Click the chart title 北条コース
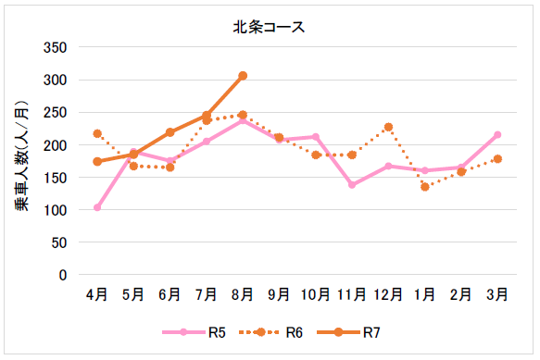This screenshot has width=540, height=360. pyautogui.click(x=270, y=27)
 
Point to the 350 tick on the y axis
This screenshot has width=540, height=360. pyautogui.click(x=57, y=48)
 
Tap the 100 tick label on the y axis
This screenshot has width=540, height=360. pyautogui.click(x=57, y=210)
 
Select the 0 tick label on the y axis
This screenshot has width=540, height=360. pyautogui.click(x=64, y=275)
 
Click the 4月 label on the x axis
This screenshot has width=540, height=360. pyautogui.click(x=97, y=294)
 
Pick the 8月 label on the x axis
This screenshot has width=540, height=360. pyautogui.click(x=243, y=294)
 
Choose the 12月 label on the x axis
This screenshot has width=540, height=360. pyautogui.click(x=388, y=294)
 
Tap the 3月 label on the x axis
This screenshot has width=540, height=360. pyautogui.click(x=497, y=294)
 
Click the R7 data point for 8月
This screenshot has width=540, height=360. pyautogui.click(x=243, y=76)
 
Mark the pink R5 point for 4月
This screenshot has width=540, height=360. pyautogui.click(x=97, y=207)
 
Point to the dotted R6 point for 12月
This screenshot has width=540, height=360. pyautogui.click(x=388, y=127)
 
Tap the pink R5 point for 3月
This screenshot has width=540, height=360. pyautogui.click(x=497, y=135)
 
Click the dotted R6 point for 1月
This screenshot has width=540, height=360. pyautogui.click(x=424, y=187)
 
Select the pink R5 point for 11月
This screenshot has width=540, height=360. pyautogui.click(x=352, y=185)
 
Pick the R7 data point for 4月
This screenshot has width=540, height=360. pyautogui.click(x=97, y=162)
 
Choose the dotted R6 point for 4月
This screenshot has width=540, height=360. pyautogui.click(x=97, y=133)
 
